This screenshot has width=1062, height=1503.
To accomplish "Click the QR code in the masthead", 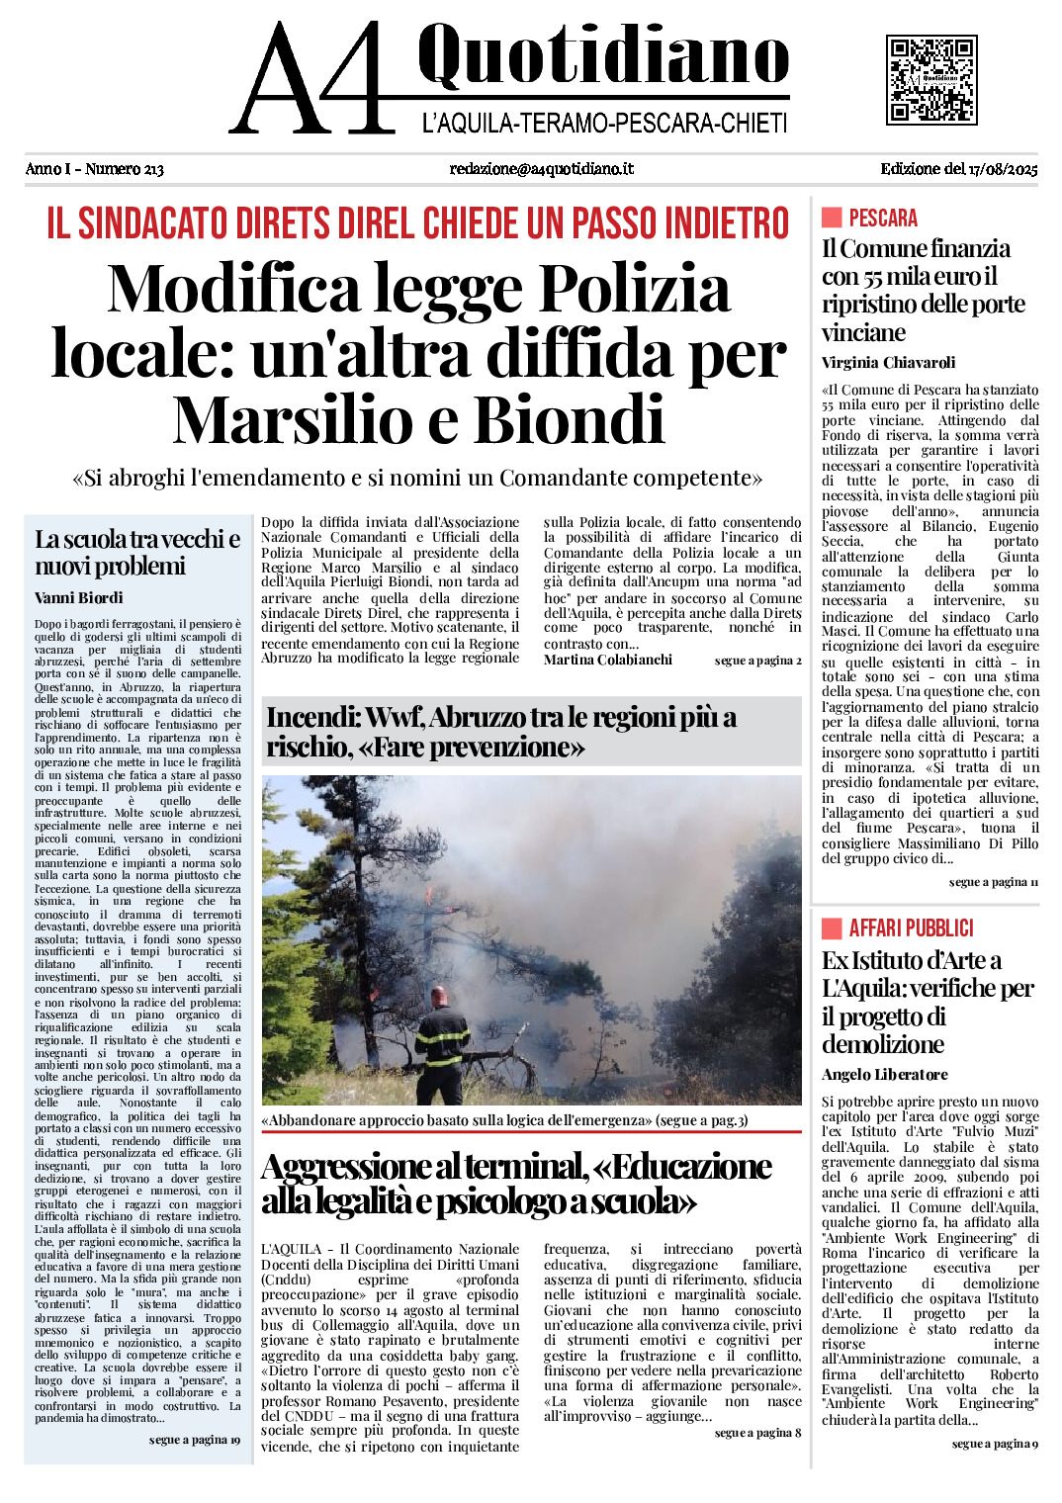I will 930,79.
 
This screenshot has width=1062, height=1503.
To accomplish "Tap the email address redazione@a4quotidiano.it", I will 541,169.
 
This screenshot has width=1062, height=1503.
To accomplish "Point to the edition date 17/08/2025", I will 1004,169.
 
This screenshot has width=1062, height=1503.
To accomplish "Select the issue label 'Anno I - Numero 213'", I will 95,169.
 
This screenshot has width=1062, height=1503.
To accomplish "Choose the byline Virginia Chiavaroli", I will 888,363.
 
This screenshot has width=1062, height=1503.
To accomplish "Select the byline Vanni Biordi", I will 79,598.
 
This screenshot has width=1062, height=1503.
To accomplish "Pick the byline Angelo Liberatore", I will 884,1075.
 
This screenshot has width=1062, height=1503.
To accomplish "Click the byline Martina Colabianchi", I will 607,660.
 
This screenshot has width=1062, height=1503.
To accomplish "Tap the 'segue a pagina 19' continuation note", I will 194,1440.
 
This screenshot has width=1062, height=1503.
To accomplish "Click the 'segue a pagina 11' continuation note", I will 993,882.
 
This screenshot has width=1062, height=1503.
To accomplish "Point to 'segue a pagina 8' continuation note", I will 757,1432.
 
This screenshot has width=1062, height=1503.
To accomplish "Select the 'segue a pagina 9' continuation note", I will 994,1444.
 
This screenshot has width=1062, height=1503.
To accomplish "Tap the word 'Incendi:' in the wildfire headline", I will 310,718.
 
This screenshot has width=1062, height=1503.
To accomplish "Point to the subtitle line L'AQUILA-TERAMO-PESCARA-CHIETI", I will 604,124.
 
